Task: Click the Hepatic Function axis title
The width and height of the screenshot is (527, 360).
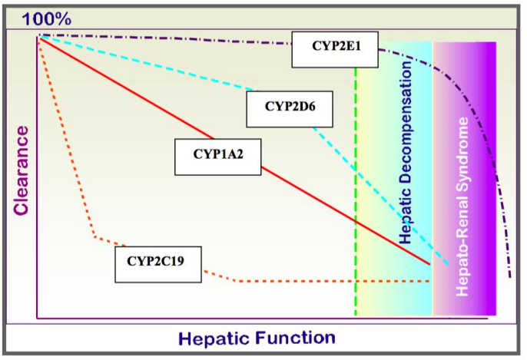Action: click(x=257, y=338)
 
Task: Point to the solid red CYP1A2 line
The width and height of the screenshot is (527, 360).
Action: click(x=307, y=192)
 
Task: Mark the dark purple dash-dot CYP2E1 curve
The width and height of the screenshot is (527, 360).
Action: click(x=192, y=38)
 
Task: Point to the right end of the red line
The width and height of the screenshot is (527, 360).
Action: click(x=429, y=263)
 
